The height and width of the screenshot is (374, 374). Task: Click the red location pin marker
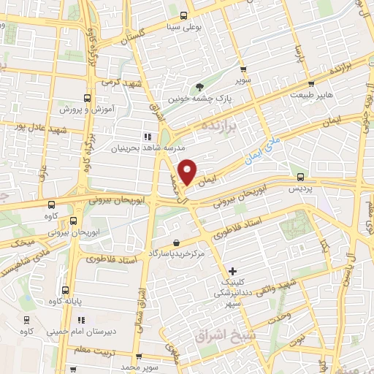point(188,172)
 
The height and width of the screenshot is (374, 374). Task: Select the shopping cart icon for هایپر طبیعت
point(311,84)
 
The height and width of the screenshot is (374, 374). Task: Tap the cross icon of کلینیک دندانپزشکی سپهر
point(232,271)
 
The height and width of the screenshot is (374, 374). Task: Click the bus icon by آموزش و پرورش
point(87,98)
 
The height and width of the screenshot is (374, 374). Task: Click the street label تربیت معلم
point(105,349)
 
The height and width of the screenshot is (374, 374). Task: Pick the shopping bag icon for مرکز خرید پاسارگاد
point(175,243)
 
